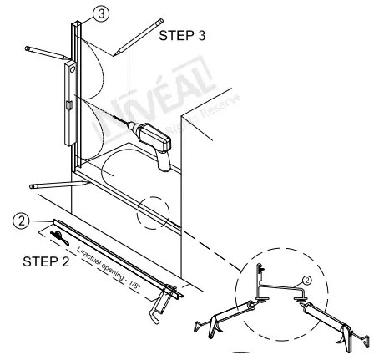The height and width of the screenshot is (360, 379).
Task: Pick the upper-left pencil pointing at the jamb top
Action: (47, 53)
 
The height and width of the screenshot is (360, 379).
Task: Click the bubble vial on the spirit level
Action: (68, 105)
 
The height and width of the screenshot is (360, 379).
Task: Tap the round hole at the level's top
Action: (73, 71)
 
